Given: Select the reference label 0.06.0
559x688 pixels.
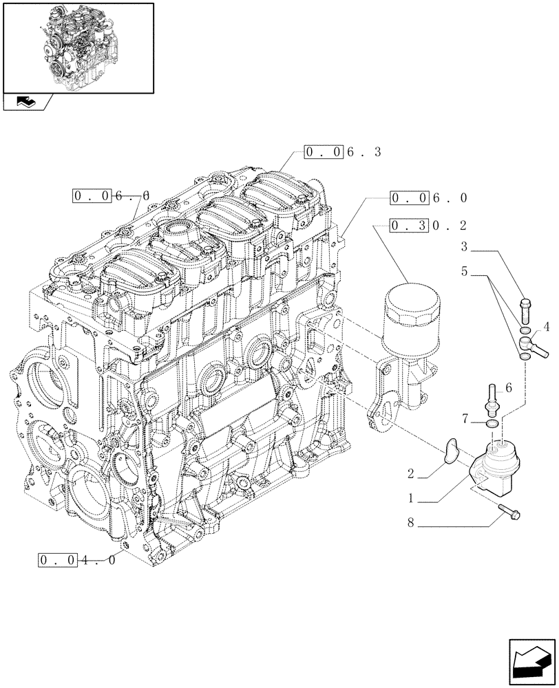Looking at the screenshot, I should (428, 198).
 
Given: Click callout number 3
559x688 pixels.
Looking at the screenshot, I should (465, 246).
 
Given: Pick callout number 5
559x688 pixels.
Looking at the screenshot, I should (465, 272).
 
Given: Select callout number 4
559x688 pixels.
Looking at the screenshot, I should (545, 325).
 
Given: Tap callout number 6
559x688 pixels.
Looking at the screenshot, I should (509, 389).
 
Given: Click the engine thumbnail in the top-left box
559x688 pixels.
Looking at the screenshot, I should (77, 47).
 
